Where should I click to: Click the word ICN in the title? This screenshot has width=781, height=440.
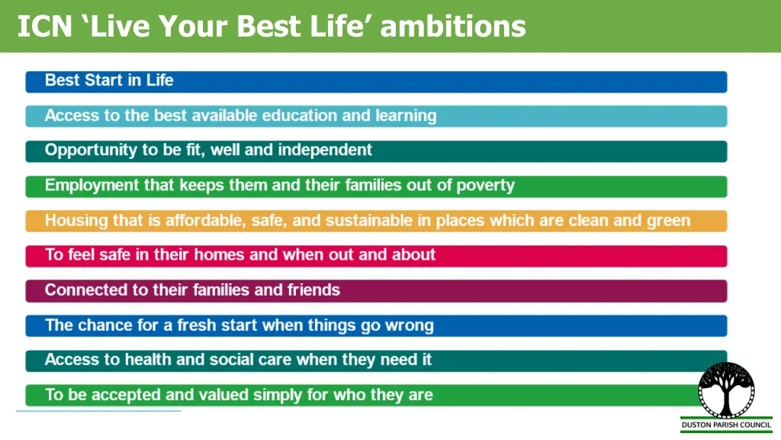pyautogui.click(x=44, y=27)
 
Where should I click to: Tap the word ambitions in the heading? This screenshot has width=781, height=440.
pyautogui.click(x=452, y=27)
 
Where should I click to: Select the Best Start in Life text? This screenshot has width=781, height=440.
pyautogui.click(x=109, y=80)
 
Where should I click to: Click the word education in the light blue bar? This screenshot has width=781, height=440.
pyautogui.click(x=300, y=116)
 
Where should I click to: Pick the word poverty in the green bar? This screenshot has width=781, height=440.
pyautogui.click(x=486, y=186)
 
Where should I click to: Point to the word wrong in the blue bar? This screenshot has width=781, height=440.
pyautogui.click(x=408, y=325)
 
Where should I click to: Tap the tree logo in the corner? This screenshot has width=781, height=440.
pyautogui.click(x=725, y=390)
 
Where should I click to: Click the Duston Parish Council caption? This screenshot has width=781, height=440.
pyautogui.click(x=725, y=424)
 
